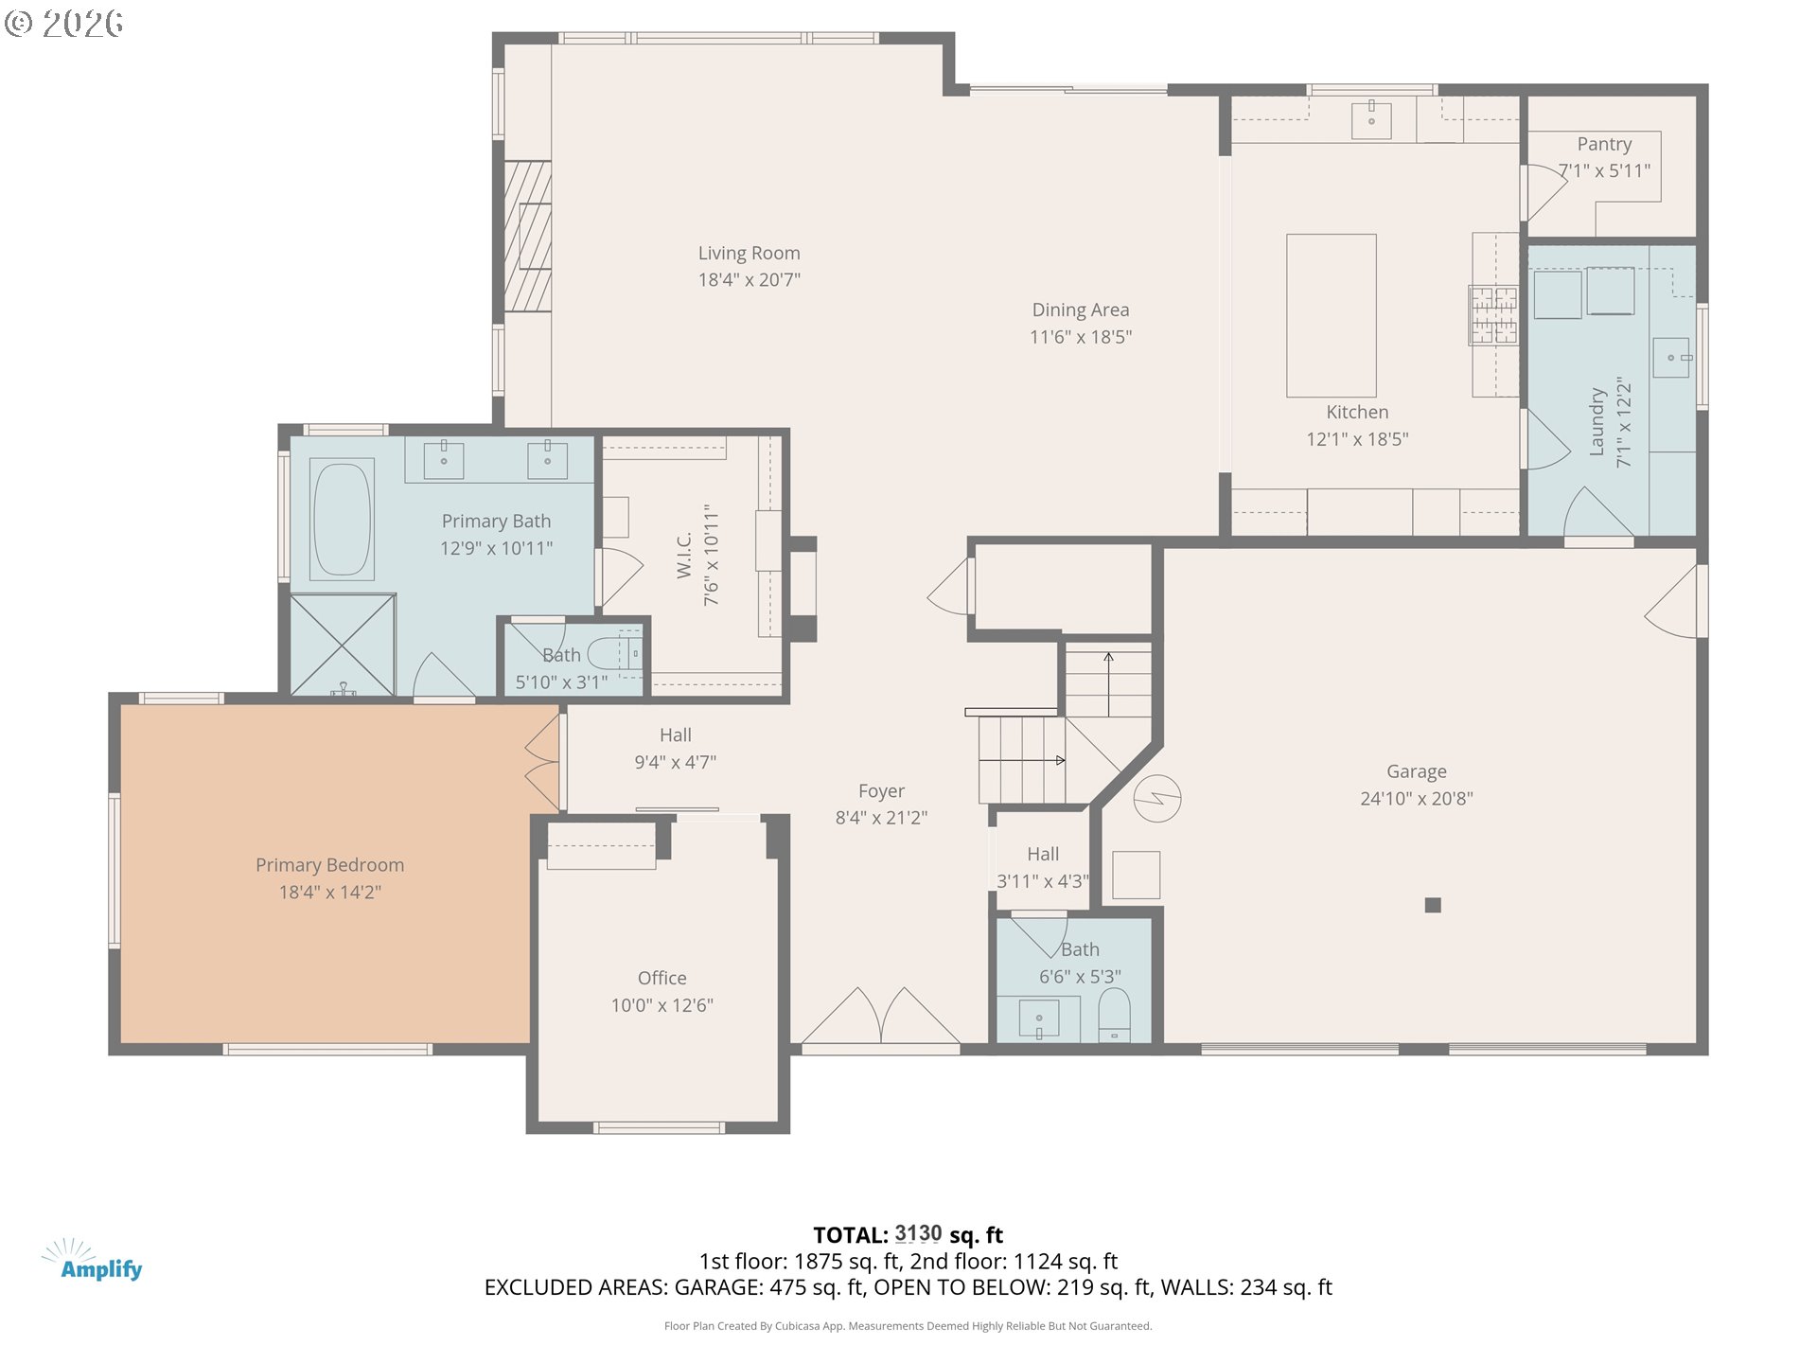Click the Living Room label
pyautogui.click(x=749, y=254)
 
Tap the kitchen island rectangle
pyautogui.click(x=1331, y=315)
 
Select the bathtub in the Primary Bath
pyautogui.click(x=342, y=519)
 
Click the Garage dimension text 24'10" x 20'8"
pyautogui.click(x=1417, y=799)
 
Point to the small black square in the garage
pyautogui.click(x=1433, y=905)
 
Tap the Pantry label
pyautogui.click(x=1604, y=144)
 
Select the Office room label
pyautogui.click(x=662, y=978)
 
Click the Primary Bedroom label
pyautogui.click(x=329, y=865)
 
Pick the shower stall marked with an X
pyautogui.click(x=343, y=646)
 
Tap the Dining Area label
pyautogui.click(x=1081, y=310)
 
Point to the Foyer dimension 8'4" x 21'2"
pyautogui.click(x=881, y=818)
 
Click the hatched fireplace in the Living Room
pyautogui.click(x=527, y=236)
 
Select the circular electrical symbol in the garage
pyautogui.click(x=1156, y=798)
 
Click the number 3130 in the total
pyautogui.click(x=918, y=1234)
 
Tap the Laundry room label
pyautogui.click(x=1597, y=422)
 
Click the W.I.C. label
pyautogui.click(x=684, y=555)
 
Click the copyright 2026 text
pyautogui.click(x=63, y=23)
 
